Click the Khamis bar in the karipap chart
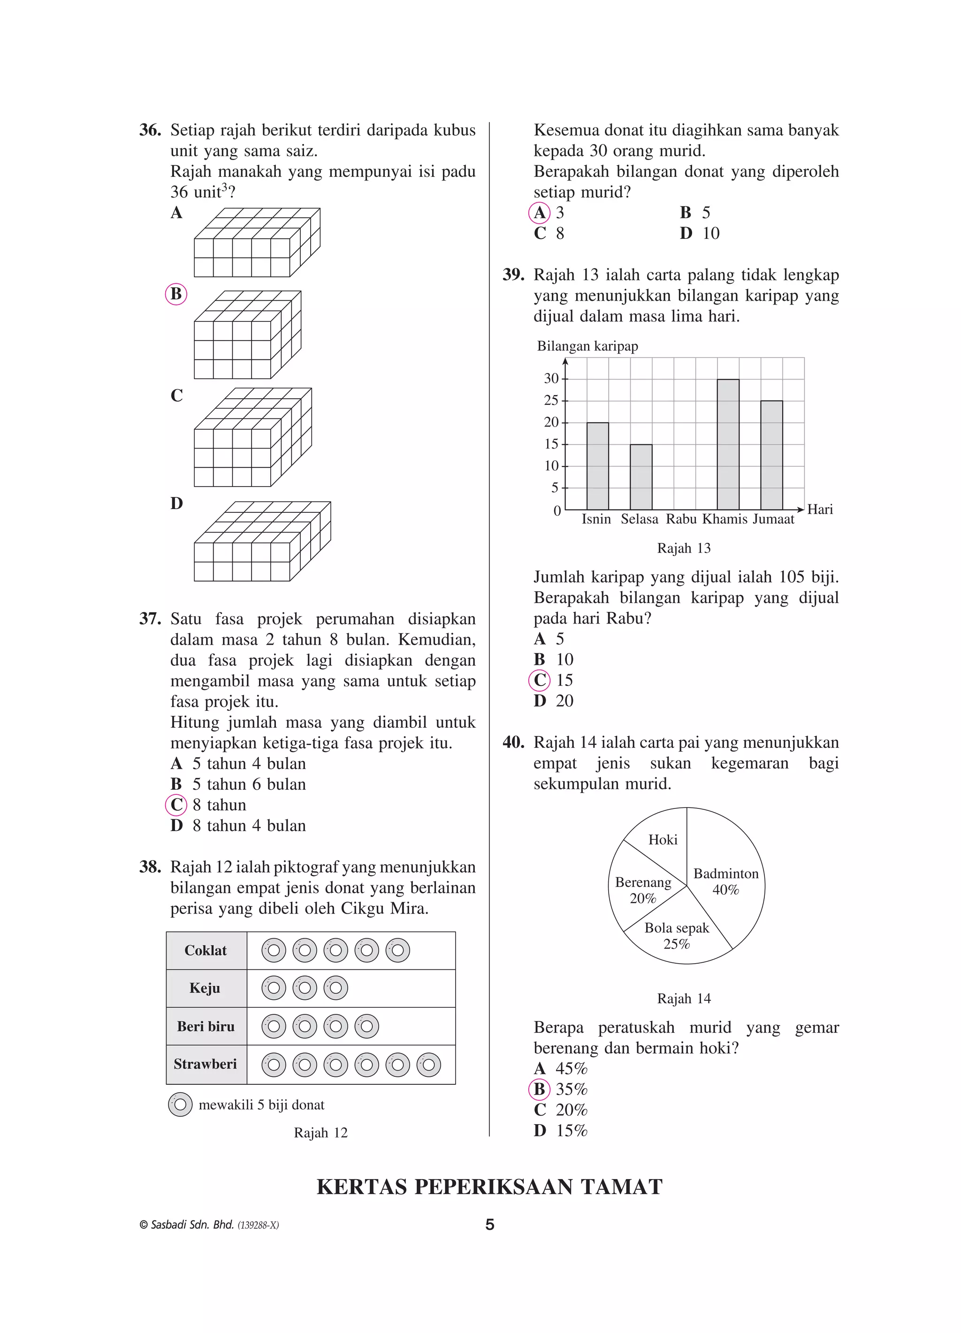[x=728, y=445]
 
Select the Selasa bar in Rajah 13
[x=641, y=477]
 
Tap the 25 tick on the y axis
[x=551, y=401]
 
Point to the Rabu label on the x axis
[x=681, y=519]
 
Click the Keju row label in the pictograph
[x=205, y=988]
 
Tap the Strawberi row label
[x=205, y=1064]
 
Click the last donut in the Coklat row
[x=398, y=951]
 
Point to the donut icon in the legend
[x=180, y=1104]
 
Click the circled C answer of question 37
[x=176, y=805]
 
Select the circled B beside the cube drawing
[x=176, y=294]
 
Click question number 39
[x=513, y=275]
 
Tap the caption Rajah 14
[x=684, y=998]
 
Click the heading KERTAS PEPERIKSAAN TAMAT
[x=489, y=1187]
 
